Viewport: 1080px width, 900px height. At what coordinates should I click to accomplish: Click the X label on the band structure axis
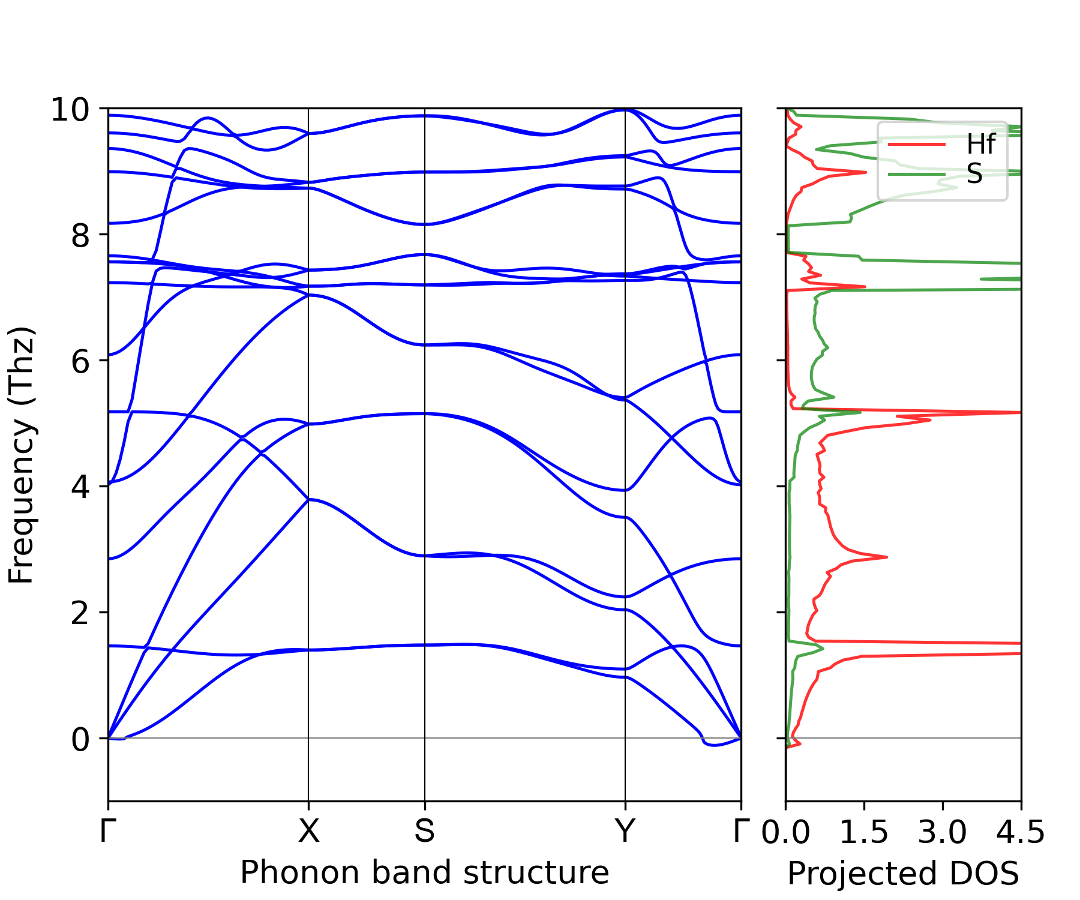point(308,832)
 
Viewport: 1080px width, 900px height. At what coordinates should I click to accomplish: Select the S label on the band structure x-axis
point(425,832)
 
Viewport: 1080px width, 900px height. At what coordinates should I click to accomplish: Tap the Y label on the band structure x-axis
point(625,832)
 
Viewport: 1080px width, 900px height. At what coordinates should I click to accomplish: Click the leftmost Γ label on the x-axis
point(106,832)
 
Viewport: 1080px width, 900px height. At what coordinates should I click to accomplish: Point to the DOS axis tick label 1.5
point(864,833)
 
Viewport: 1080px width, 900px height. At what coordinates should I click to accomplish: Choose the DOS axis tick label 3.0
point(943,833)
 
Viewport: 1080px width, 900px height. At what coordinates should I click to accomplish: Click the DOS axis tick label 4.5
point(1021,833)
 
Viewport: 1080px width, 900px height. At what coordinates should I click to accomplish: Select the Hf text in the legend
point(980,145)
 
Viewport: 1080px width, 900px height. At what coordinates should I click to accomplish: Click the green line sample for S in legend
point(916,174)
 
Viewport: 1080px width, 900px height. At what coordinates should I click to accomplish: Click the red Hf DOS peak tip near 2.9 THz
point(886,557)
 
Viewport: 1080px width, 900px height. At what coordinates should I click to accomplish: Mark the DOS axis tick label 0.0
point(786,833)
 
